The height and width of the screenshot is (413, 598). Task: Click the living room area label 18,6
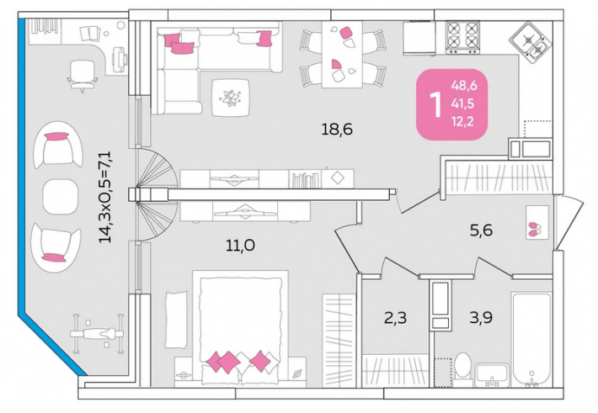(337, 130)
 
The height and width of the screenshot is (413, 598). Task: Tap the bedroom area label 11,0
(240, 246)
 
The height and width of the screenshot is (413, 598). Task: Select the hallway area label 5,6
(481, 230)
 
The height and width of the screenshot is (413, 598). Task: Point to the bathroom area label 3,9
(481, 317)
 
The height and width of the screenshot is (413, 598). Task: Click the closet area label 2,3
(395, 317)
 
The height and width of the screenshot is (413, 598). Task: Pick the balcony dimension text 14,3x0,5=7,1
(105, 197)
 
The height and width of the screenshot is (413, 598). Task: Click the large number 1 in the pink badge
(435, 104)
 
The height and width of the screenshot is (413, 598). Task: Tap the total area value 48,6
(464, 86)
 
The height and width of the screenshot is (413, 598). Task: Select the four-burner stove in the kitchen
(463, 37)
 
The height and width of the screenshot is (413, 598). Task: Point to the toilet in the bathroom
(463, 364)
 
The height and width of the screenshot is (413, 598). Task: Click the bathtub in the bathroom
(532, 340)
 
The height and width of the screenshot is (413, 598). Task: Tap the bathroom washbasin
(491, 375)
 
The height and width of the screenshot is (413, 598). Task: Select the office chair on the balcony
(83, 76)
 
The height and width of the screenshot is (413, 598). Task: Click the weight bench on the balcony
(98, 334)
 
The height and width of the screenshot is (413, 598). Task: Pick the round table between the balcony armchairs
(61, 197)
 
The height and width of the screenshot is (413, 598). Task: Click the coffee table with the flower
(231, 98)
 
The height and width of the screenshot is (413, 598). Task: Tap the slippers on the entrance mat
(536, 228)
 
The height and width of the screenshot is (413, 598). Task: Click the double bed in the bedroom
(240, 328)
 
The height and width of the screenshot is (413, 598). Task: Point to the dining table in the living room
(342, 54)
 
